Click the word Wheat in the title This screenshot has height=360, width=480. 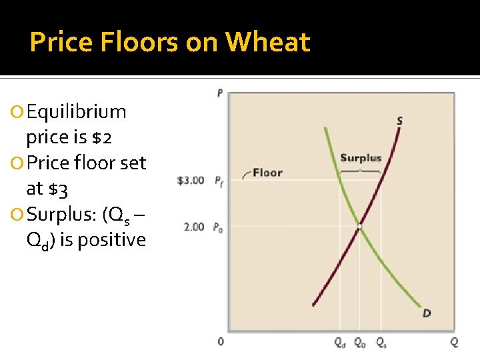268,43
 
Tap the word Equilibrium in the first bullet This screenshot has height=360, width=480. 76,111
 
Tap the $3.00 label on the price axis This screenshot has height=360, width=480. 191,180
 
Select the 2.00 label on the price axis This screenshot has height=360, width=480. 193,227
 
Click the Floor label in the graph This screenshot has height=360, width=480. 267,173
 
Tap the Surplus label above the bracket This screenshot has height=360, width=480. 361,158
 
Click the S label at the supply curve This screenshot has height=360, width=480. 399,121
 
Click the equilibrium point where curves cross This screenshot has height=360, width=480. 359,227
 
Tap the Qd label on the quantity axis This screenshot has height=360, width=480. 339,343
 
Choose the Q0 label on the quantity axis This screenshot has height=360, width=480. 359,343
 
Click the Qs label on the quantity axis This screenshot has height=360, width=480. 381,343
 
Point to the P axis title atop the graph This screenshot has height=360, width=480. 220,93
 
